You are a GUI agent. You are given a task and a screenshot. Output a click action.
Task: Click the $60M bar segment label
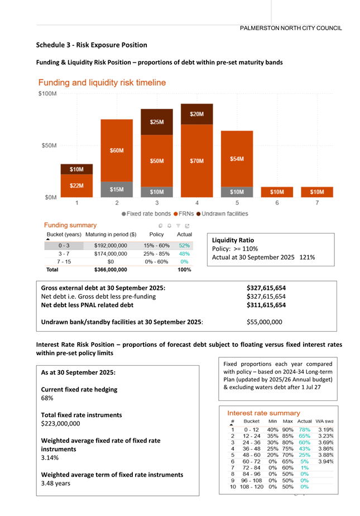click(x=117, y=150)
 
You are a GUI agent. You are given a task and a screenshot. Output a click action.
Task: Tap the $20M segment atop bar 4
click(x=196, y=114)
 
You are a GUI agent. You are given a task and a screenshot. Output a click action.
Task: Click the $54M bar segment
click(x=237, y=159)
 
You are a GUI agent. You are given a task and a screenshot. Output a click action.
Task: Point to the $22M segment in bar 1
click(x=77, y=185)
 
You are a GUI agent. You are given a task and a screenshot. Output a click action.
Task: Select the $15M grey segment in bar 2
click(x=117, y=189)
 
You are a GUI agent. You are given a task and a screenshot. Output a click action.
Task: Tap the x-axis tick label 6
click(x=277, y=203)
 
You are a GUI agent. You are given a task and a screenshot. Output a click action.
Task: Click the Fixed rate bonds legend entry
click(x=147, y=213)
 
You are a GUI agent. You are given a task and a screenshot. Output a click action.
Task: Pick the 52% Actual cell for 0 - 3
click(x=185, y=245)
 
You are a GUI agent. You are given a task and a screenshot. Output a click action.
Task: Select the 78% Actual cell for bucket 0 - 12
click(x=305, y=429)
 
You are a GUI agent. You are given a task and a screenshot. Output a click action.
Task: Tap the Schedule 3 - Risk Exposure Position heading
click(x=92, y=45)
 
